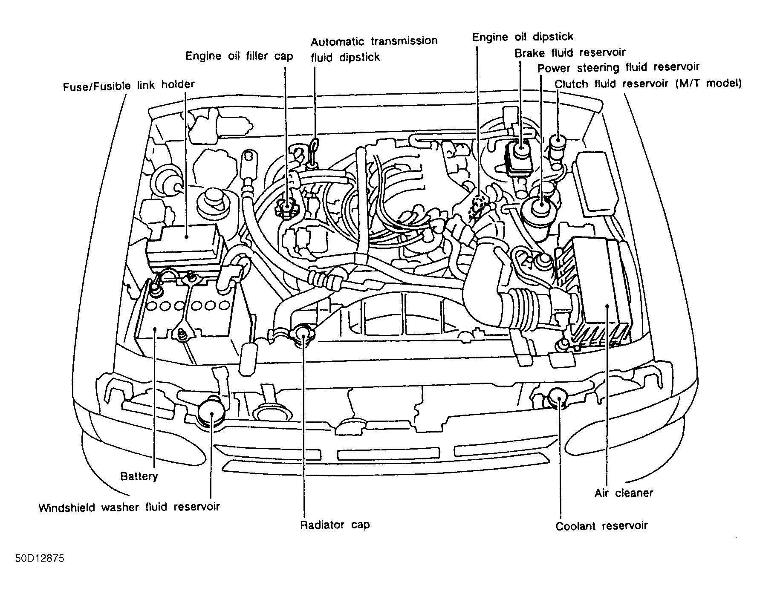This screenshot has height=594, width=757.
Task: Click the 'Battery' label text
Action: [139, 476]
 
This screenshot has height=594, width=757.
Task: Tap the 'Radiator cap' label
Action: [335, 525]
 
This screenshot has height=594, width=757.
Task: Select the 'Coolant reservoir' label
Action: [601, 526]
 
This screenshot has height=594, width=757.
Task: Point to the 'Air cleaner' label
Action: [624, 493]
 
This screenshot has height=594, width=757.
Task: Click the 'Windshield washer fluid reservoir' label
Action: [129, 507]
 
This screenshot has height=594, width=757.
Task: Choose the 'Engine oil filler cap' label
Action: [239, 56]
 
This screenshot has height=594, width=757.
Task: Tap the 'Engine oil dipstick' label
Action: [523, 37]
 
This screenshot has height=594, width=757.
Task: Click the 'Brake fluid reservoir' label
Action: [570, 53]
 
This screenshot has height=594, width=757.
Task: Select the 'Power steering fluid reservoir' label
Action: [618, 67]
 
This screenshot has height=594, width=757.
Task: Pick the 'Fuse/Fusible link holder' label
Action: [129, 85]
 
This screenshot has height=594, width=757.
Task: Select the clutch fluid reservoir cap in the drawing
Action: [557, 141]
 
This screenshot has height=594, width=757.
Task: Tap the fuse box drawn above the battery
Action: [185, 246]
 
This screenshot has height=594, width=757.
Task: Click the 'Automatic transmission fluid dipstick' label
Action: [374, 49]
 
